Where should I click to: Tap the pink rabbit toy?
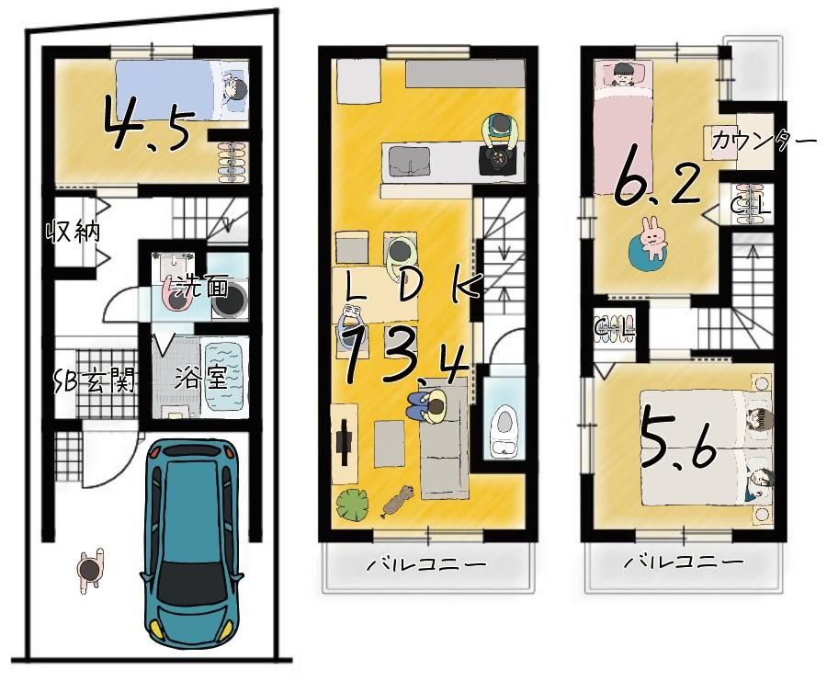click(652, 238)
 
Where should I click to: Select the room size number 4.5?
click(147, 123)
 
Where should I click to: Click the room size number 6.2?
click(658, 181)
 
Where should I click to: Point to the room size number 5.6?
click(679, 442)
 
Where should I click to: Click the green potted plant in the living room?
click(352, 505)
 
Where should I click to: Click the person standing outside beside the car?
click(90, 570)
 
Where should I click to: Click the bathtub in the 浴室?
click(224, 377)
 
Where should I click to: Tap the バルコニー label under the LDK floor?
click(426, 565)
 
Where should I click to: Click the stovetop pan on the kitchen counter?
click(497, 158)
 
